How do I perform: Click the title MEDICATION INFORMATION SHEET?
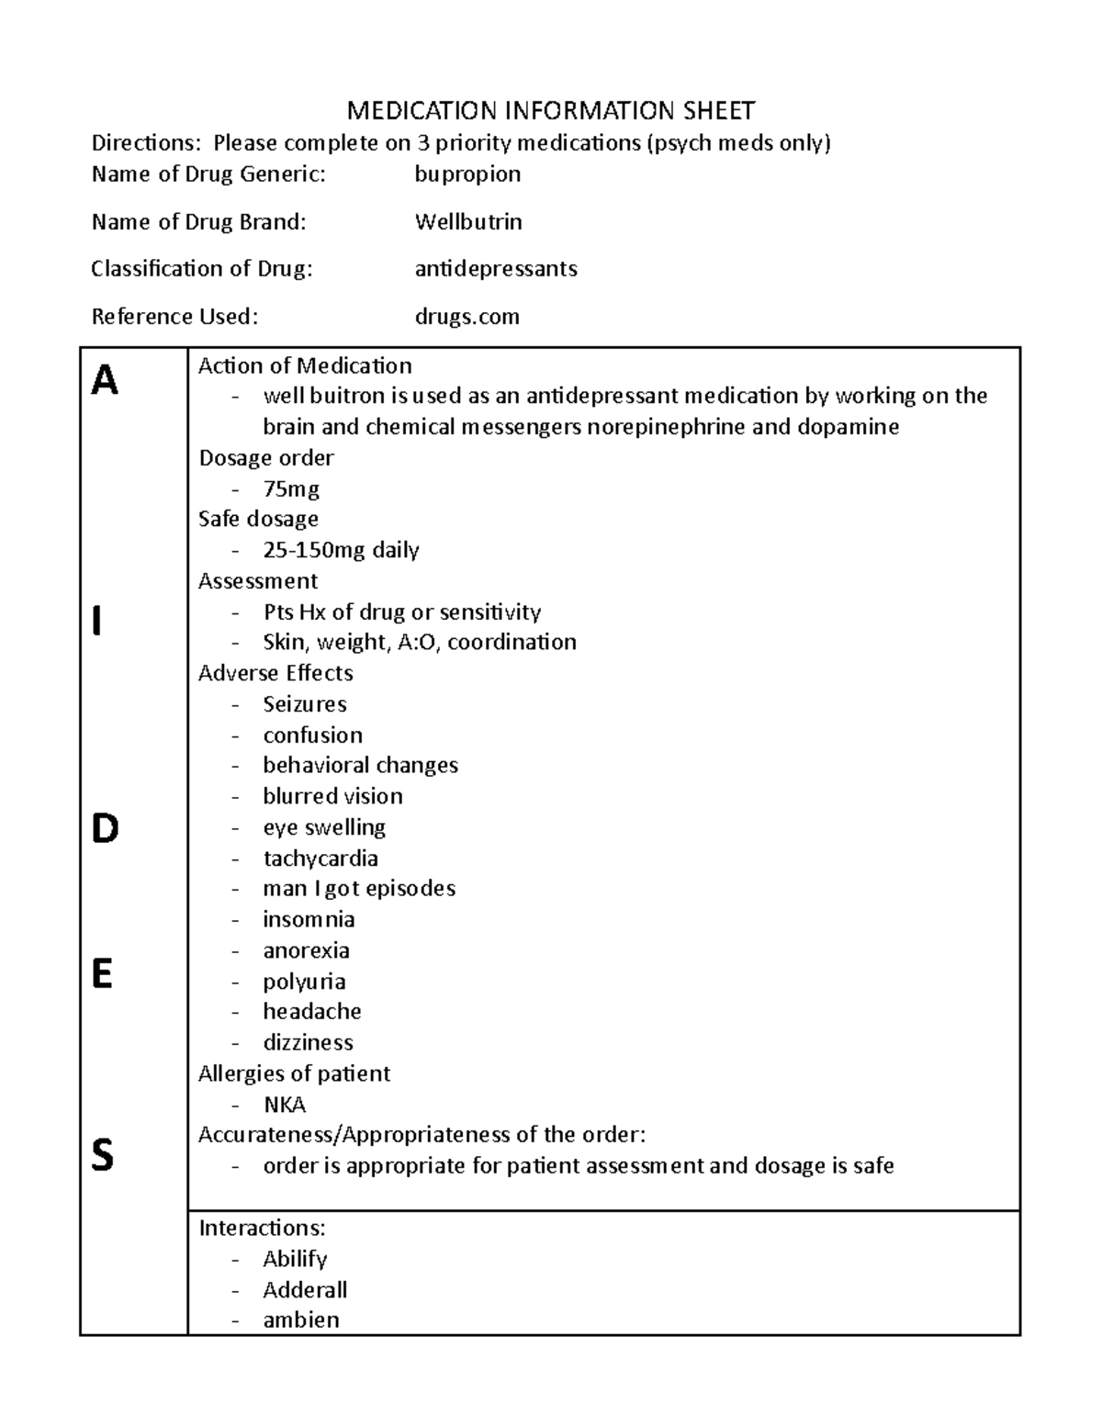(x=551, y=111)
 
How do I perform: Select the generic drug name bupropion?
(x=467, y=174)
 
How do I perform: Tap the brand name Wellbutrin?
(x=468, y=221)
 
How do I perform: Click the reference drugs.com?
(x=467, y=316)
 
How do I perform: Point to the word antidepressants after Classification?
(x=496, y=268)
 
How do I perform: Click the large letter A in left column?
(x=105, y=380)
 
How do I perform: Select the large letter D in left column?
(x=105, y=829)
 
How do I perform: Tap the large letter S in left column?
(x=103, y=1155)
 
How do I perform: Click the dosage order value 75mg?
(x=291, y=488)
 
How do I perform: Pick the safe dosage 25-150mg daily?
(x=341, y=550)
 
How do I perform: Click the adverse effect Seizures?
(x=305, y=704)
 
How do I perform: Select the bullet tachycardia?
(x=320, y=859)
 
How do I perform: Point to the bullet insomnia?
(x=309, y=919)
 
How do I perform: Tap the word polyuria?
(x=304, y=982)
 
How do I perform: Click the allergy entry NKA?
(x=284, y=1105)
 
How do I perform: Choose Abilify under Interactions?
(x=295, y=1259)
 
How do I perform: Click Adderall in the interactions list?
(x=305, y=1290)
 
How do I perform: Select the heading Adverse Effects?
(x=275, y=673)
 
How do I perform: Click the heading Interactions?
(x=262, y=1228)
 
